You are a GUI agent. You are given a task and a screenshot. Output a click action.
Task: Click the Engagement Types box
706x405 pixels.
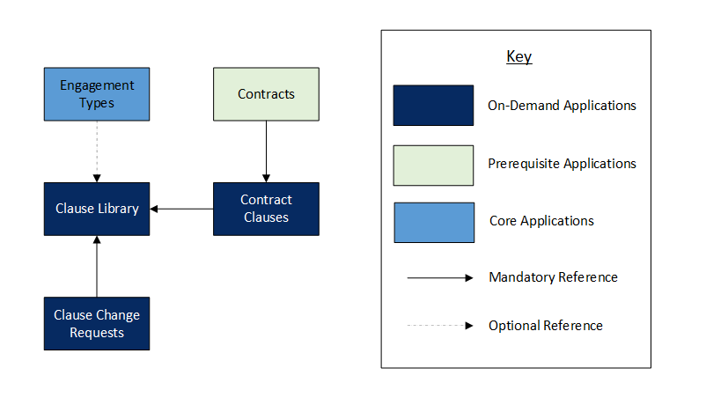click(97, 94)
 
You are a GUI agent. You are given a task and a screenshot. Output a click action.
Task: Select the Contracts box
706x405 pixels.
click(266, 94)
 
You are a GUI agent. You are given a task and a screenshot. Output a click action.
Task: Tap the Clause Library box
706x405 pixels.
click(97, 209)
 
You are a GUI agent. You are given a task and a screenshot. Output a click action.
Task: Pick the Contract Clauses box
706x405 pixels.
click(266, 209)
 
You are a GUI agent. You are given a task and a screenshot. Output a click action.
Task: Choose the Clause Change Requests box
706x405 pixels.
click(97, 323)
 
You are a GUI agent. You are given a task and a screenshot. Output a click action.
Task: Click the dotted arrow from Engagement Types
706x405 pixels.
click(97, 151)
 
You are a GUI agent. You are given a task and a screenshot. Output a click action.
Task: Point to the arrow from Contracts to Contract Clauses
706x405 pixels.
click(266, 151)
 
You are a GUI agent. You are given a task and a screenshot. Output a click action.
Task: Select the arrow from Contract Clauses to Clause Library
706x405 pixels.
click(181, 209)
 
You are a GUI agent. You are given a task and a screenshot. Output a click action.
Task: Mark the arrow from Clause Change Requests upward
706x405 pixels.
click(97, 266)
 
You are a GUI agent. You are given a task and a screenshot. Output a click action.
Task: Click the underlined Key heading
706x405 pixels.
click(519, 57)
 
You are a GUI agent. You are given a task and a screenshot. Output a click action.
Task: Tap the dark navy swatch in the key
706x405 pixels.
click(433, 106)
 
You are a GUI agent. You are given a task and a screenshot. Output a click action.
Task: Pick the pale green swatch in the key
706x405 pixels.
click(433, 166)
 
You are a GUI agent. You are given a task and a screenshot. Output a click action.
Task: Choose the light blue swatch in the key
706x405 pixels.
click(434, 223)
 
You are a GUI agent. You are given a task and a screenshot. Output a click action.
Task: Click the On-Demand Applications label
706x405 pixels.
click(562, 106)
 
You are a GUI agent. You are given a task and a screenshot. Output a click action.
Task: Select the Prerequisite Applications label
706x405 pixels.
click(562, 164)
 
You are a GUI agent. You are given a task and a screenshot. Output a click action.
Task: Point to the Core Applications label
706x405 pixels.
click(541, 221)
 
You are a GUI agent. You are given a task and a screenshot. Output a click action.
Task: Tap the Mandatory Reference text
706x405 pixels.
click(554, 277)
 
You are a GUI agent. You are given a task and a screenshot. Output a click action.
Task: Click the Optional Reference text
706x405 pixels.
click(546, 325)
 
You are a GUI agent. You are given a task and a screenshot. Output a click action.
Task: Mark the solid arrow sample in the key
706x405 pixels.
click(440, 278)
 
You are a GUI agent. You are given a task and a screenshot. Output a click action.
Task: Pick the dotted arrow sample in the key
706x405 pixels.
click(440, 325)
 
